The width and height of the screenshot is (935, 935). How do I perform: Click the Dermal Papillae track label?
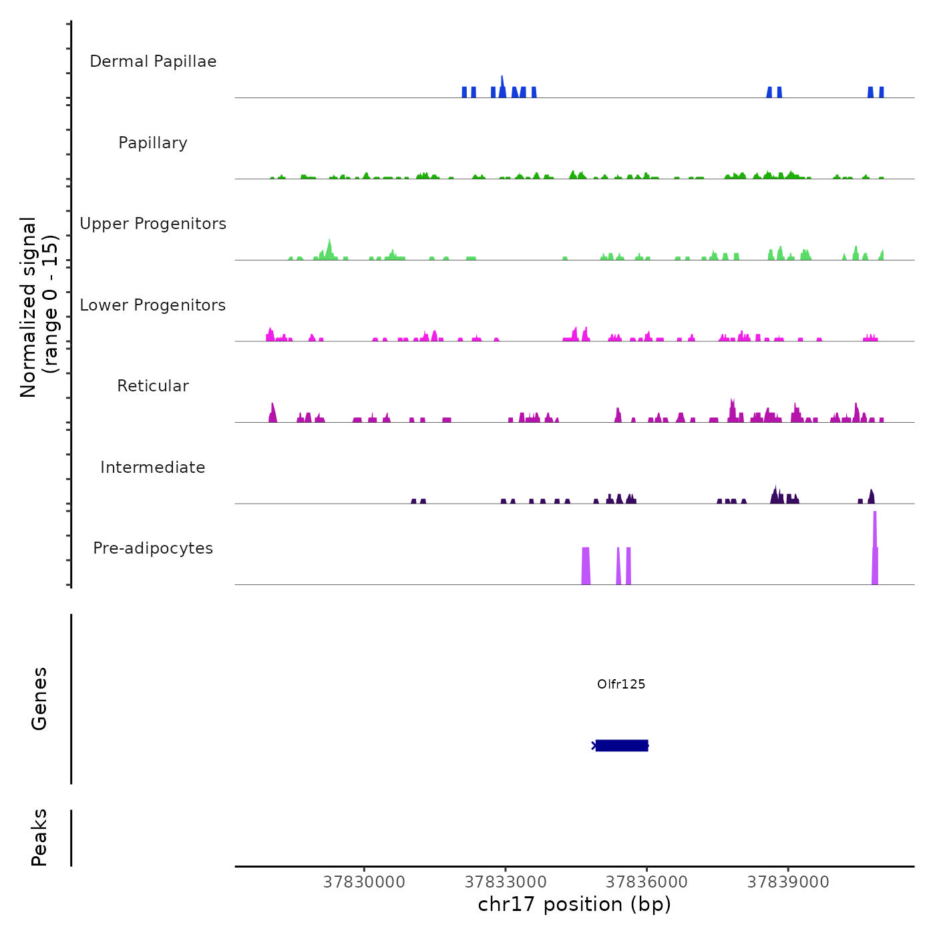point(153,61)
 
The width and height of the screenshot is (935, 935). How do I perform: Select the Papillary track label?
point(153,143)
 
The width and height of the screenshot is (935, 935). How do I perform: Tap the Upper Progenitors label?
point(153,224)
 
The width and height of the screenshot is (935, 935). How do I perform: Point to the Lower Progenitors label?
point(153,305)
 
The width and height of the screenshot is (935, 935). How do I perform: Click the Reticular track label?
point(153,386)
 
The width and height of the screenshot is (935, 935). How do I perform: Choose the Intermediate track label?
point(153,467)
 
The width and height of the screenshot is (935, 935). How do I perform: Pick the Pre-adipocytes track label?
point(153,548)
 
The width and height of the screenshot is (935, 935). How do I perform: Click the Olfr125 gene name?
point(621,684)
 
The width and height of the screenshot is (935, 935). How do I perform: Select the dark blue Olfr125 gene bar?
point(622,745)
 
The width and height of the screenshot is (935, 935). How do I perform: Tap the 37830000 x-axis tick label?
point(364,882)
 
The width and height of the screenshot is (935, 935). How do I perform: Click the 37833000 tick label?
point(506,882)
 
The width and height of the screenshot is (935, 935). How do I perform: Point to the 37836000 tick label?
point(646,882)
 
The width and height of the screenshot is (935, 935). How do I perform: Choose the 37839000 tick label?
point(788,882)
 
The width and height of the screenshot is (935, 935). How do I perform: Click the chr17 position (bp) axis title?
point(574,905)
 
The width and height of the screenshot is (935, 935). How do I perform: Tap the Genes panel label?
point(39,699)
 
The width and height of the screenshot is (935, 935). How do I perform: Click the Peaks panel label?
point(39,837)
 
